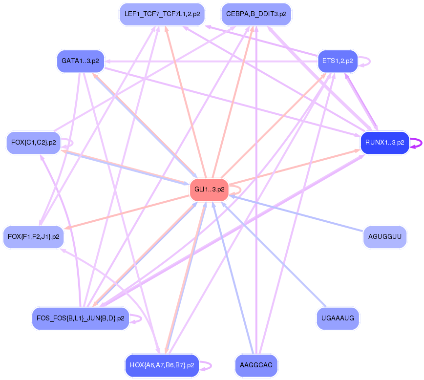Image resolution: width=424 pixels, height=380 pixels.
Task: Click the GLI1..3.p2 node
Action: pos(210,189)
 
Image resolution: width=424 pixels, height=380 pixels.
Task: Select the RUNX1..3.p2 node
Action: pos(384,143)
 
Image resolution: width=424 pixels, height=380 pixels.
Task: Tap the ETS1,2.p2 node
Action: pos(338,61)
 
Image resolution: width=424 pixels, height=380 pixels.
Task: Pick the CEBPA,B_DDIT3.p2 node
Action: pos(256,14)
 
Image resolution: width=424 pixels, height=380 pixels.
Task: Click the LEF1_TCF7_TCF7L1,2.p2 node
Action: pos(162,14)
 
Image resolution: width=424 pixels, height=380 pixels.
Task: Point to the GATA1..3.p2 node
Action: pos(80,61)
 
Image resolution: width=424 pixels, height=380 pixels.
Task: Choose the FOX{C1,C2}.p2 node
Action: pos(33,143)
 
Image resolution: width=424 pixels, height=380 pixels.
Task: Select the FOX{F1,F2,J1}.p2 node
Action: pos(33,237)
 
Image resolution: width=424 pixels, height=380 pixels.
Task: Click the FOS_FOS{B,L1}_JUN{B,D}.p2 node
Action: pos(80,318)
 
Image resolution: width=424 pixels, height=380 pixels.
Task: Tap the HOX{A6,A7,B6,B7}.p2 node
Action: pos(162,365)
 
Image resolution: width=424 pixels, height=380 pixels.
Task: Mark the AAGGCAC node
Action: pos(256,365)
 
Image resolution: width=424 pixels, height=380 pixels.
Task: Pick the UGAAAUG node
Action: pos(338,318)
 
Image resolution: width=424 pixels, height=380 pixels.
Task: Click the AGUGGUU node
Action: pos(385,237)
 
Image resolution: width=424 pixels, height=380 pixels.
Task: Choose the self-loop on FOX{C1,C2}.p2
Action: pos(72,143)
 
